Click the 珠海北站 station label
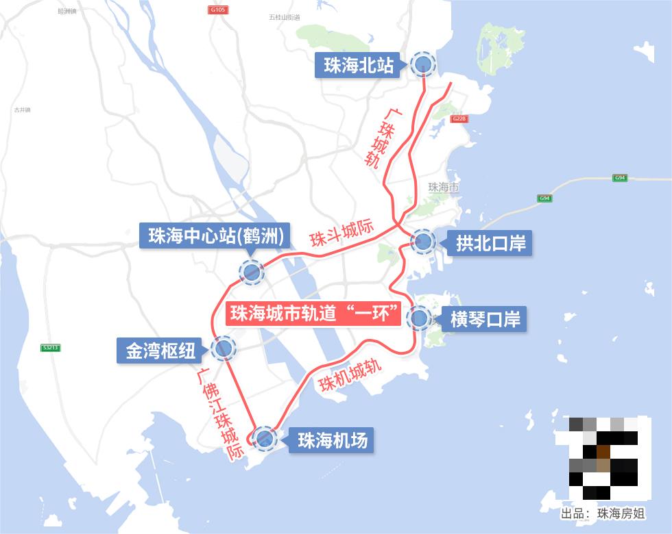coord(359,65)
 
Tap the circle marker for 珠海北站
coord(422,64)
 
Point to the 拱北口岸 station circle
coord(422,241)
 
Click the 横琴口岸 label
coord(485,319)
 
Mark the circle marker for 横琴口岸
coord(418,318)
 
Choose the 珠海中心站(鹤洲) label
coord(215,236)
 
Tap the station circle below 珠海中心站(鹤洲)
coord(251,272)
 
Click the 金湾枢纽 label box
coord(160,351)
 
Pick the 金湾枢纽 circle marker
coord(224,349)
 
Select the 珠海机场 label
coord(333,440)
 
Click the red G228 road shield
coord(459,119)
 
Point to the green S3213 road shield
coord(51,348)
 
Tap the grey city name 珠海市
coord(442,187)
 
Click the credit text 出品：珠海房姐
coord(603,513)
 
